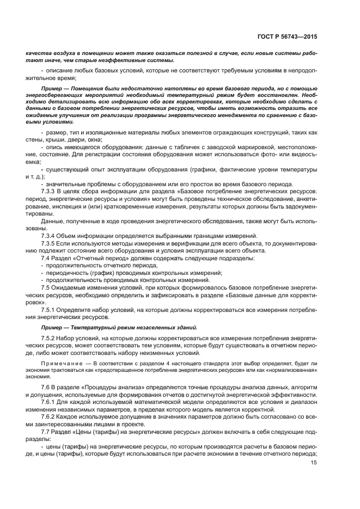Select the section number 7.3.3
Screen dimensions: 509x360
coord(51,192)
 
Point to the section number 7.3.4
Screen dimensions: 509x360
coord(51,236)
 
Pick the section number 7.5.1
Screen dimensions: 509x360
coord(51,309)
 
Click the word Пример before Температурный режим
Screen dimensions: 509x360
coord(52,328)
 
